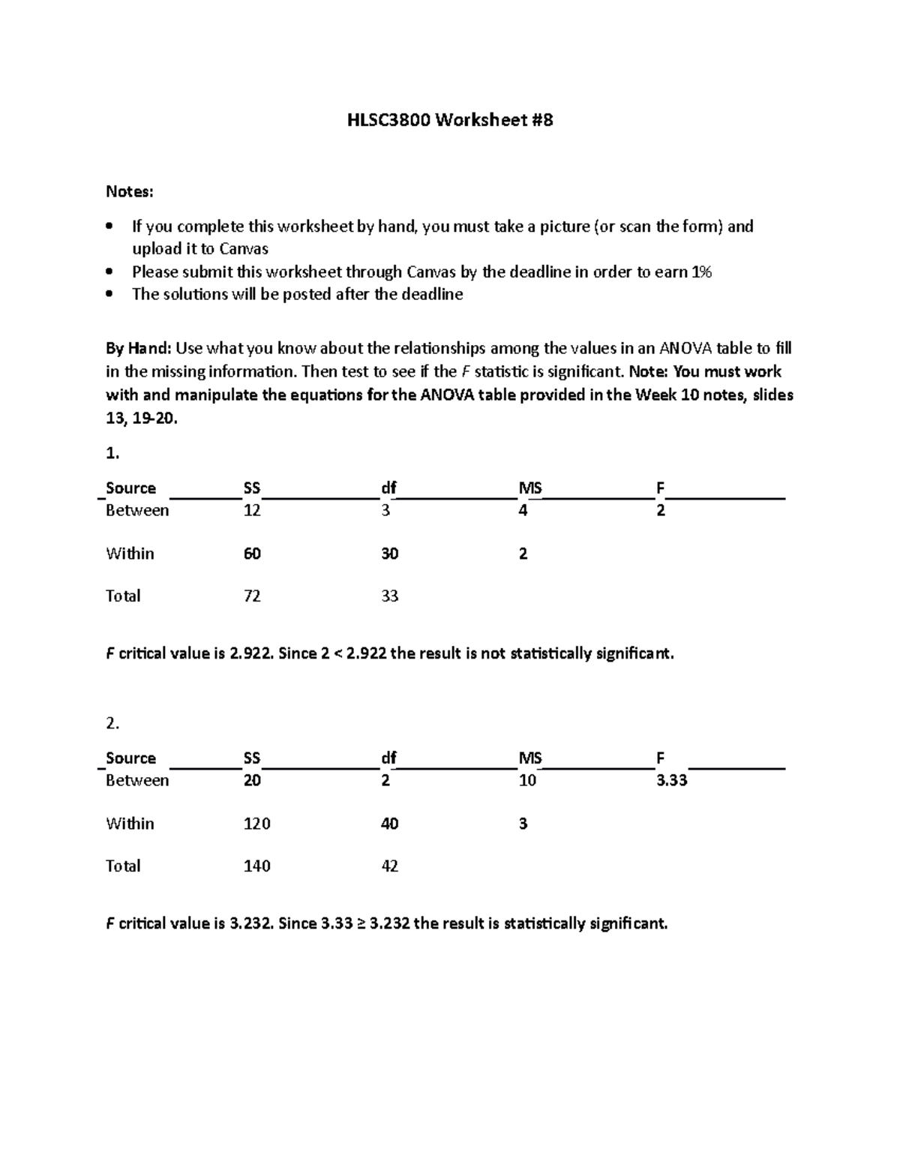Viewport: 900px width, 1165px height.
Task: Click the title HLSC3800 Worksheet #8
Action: pos(450,120)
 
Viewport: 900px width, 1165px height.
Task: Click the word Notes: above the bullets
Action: pos(129,192)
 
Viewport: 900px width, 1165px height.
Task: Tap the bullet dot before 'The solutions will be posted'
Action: pos(110,295)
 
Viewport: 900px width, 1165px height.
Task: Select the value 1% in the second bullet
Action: pos(701,272)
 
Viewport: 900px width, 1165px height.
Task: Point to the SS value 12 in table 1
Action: pos(252,511)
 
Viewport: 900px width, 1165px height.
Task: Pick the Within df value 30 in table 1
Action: pos(389,554)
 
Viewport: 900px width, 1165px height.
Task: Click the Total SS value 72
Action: pos(252,596)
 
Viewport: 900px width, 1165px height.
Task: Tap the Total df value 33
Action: pos(389,596)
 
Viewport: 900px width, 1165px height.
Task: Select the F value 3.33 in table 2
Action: pos(671,781)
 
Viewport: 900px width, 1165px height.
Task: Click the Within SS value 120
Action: pos(256,824)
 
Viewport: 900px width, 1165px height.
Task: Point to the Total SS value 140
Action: pos(256,866)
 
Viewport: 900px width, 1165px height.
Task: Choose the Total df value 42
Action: pos(389,866)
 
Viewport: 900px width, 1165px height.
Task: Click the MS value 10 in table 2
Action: pos(527,781)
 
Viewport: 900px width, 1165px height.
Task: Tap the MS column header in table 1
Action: pos(530,488)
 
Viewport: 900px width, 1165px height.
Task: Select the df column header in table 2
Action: pos(388,758)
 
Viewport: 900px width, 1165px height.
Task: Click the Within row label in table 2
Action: pos(130,824)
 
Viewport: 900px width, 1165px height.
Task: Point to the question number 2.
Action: pos(112,724)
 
